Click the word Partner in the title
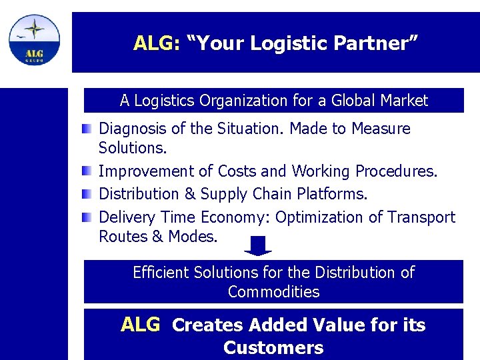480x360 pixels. (380, 44)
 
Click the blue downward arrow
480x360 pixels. (258, 245)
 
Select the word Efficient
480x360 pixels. (161, 273)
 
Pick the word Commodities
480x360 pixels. (273, 292)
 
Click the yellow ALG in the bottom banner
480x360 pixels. (141, 325)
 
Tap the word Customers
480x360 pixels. (273, 348)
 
